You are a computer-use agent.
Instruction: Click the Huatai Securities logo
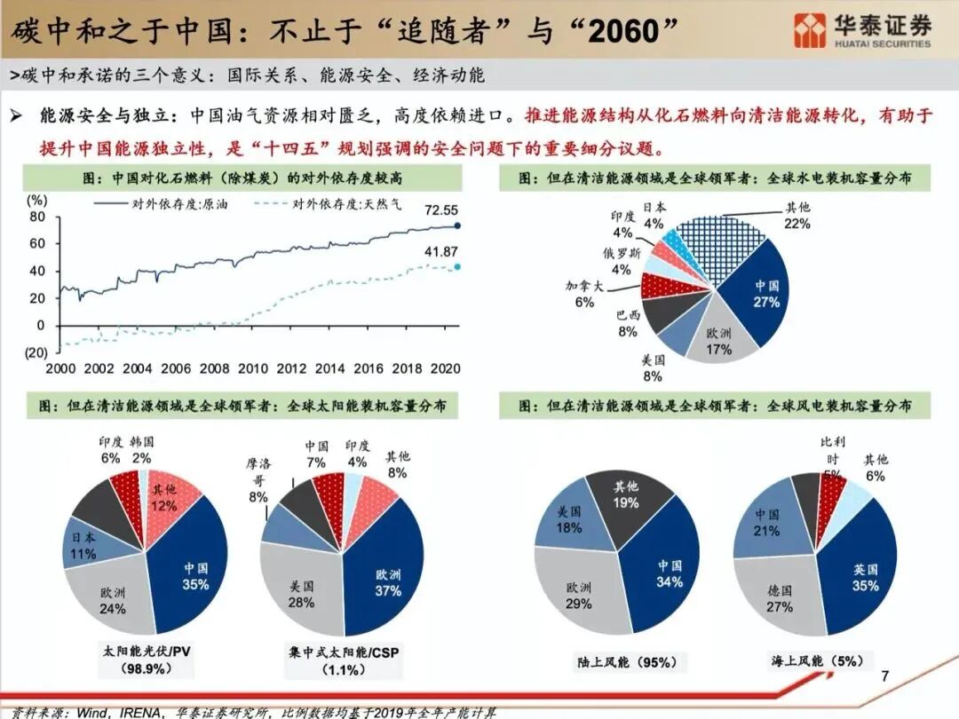tap(862, 30)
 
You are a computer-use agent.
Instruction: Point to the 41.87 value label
tap(440, 252)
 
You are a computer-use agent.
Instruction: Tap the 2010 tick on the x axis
tap(252, 368)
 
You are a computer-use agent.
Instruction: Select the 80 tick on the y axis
tap(36, 217)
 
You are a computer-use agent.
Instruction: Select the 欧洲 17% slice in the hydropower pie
tap(718, 342)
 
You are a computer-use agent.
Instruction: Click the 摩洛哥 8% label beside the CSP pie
tap(258, 479)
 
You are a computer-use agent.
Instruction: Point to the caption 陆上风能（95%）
tap(627, 662)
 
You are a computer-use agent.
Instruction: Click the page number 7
tap(884, 676)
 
